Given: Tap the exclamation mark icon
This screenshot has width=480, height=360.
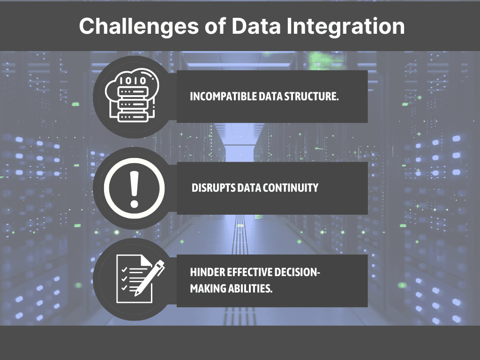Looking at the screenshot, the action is click(134, 188).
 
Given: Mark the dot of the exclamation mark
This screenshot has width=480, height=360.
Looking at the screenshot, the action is click(134, 204).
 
